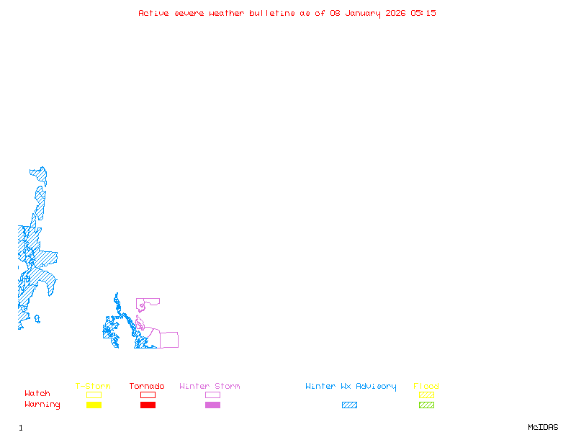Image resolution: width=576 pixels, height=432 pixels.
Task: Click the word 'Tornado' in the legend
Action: (147, 387)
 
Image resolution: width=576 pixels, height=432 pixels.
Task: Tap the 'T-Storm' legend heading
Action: (93, 387)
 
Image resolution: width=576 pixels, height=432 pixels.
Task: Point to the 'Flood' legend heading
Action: (426, 387)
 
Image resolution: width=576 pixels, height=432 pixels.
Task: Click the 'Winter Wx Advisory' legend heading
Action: (351, 387)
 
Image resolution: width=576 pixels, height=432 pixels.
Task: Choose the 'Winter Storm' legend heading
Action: (210, 387)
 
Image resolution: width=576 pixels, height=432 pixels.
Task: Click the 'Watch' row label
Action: (37, 394)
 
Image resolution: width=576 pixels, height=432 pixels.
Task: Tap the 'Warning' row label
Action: (42, 405)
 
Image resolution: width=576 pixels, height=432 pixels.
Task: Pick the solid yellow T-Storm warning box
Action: (94, 405)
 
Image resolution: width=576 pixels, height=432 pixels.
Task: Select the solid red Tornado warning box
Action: (148, 405)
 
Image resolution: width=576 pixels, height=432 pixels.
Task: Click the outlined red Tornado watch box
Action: (148, 395)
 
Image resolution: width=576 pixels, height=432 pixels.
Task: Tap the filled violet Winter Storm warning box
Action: (212, 405)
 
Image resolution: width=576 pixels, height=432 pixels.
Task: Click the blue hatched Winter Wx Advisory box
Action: (349, 405)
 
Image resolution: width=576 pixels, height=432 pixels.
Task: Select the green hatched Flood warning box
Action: (426, 405)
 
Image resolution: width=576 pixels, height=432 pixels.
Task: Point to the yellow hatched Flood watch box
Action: (426, 395)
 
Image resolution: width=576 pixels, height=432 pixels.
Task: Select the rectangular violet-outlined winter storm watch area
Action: (168, 340)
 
